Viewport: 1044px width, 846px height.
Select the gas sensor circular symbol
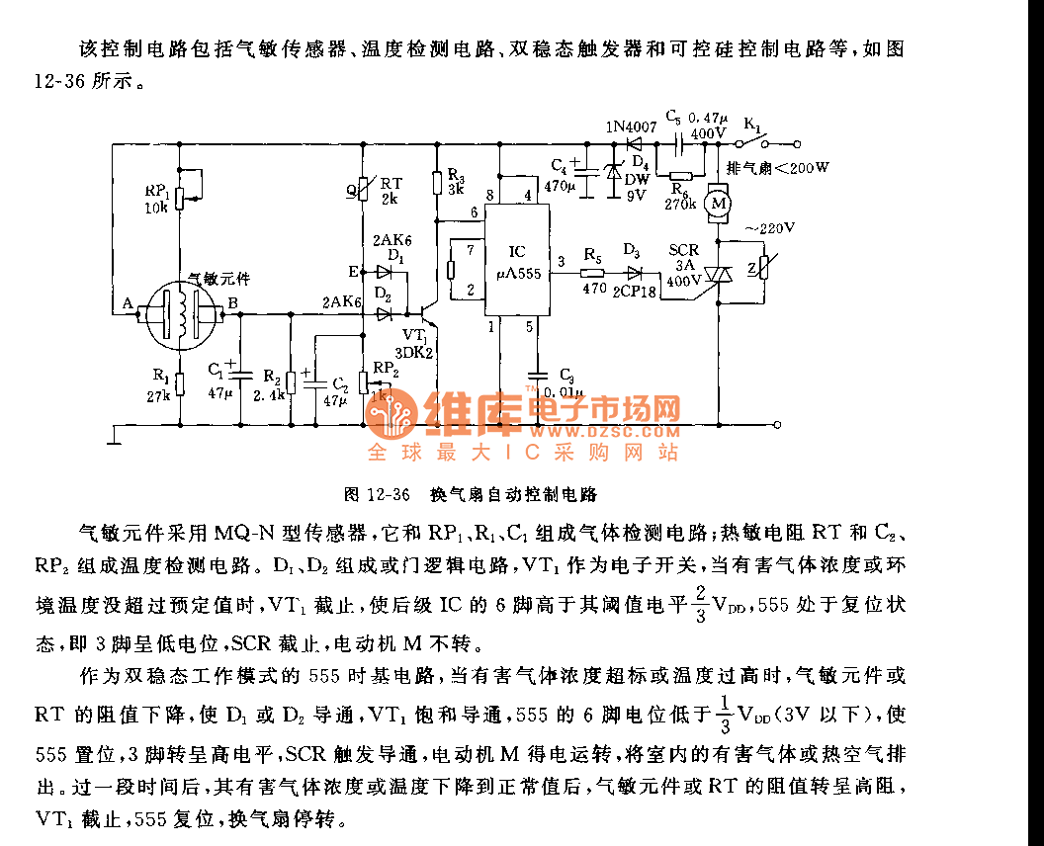click(x=180, y=312)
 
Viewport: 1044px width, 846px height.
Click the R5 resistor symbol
click(x=592, y=273)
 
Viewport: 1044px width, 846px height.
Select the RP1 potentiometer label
click(x=156, y=191)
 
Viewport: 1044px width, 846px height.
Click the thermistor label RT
click(x=391, y=182)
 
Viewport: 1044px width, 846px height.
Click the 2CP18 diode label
click(x=634, y=292)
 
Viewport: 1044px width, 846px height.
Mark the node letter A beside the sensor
click(x=128, y=304)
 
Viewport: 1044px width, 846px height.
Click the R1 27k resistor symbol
click(x=179, y=383)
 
